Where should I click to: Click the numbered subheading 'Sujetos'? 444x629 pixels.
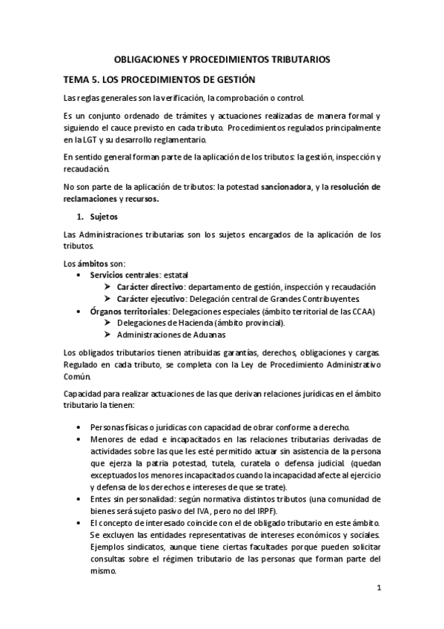103,217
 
